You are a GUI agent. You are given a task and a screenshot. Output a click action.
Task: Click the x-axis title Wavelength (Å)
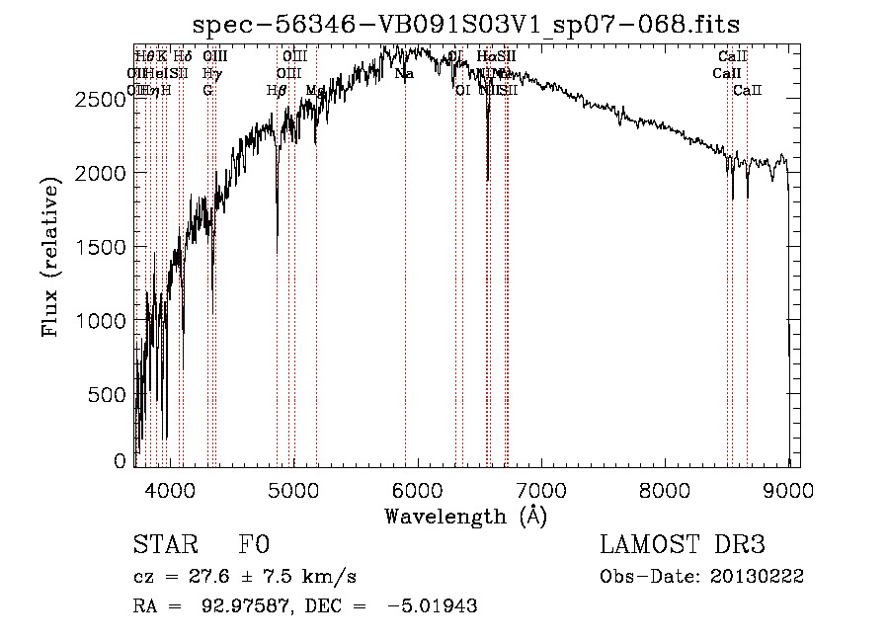click(x=466, y=517)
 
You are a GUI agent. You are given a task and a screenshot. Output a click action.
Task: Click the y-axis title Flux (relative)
click(x=51, y=256)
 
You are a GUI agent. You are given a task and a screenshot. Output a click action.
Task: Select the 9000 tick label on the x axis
click(x=788, y=489)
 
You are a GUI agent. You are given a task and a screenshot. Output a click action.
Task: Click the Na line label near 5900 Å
click(x=404, y=74)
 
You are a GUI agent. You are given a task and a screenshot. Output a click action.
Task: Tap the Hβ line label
click(x=277, y=90)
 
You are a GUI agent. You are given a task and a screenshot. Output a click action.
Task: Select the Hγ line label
click(x=211, y=74)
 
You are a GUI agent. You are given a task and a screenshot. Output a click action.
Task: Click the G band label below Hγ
click(x=207, y=90)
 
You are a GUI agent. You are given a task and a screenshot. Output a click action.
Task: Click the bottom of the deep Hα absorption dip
click(x=488, y=179)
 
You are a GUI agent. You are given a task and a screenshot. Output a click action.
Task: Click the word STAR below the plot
click(x=161, y=545)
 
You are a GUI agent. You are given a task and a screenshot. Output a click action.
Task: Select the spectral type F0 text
click(x=254, y=545)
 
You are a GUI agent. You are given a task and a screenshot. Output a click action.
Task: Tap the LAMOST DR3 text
click(x=682, y=545)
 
